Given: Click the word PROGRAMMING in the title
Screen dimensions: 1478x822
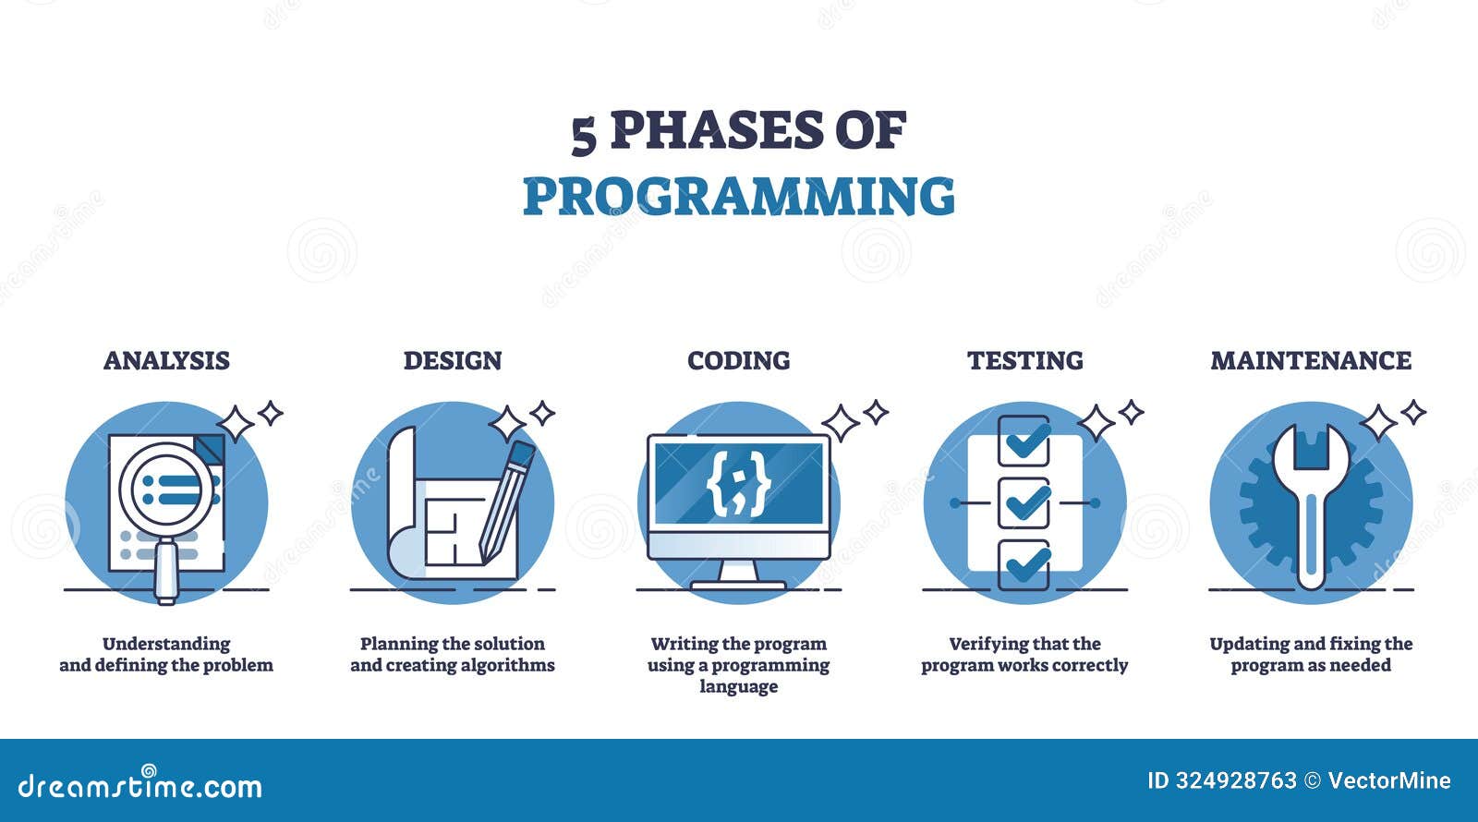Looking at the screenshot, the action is pos(739,196).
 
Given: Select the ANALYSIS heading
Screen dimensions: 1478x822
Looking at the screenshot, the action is pos(166,360).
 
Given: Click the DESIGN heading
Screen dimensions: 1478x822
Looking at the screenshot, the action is pos(453,360).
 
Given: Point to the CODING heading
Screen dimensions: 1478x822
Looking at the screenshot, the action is pos(739,360).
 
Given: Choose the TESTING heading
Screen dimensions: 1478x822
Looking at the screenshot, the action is pos(1025,360).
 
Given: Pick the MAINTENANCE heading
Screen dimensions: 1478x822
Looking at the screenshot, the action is pos(1311,360).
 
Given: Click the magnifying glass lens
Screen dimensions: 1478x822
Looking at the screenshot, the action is pos(167,490).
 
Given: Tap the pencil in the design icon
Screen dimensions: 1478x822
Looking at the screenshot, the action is pos(507,502).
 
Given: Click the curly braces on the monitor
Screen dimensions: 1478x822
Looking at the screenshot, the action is pos(739,484).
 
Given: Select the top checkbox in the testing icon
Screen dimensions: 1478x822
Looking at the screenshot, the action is pos(1024,441).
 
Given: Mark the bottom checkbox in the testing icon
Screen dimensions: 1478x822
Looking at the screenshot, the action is pos(1024,564).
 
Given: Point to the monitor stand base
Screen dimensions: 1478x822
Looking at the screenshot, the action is pos(738,586).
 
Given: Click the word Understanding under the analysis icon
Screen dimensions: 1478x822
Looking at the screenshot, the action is pos(166,644).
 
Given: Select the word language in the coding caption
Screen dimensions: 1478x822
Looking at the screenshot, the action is pos(739,686).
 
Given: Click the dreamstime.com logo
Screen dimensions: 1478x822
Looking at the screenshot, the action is pos(139,783).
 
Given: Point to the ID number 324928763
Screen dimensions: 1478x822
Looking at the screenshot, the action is pos(1236,781).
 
